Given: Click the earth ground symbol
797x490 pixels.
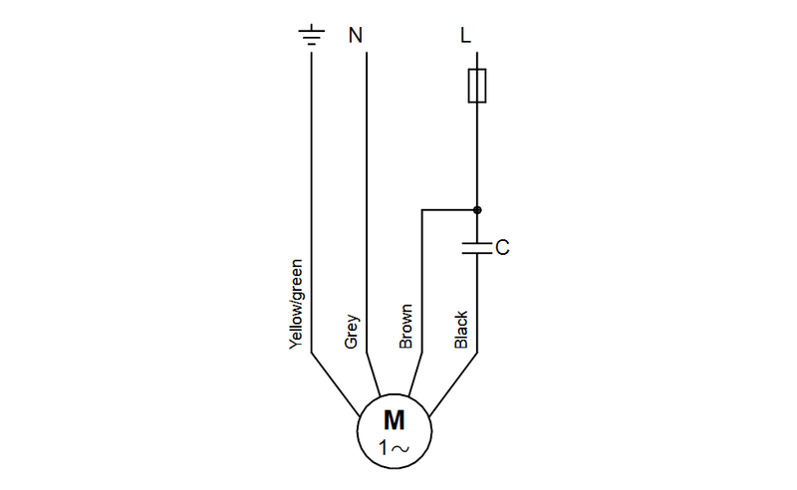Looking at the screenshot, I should click(x=312, y=37).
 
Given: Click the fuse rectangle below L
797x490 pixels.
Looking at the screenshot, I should click(x=477, y=86).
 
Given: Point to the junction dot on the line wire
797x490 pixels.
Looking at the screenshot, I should click(x=477, y=210).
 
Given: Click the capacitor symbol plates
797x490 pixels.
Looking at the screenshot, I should click(x=477, y=246).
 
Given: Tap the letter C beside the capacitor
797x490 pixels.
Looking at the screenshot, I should click(x=502, y=246).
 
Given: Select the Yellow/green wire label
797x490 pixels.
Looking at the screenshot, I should click(x=295, y=303).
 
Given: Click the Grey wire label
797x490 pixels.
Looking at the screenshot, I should click(x=351, y=332).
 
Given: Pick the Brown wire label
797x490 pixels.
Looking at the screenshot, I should click(x=405, y=327).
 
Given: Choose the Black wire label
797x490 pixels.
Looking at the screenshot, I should click(x=461, y=329).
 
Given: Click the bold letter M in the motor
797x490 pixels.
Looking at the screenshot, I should click(x=395, y=419).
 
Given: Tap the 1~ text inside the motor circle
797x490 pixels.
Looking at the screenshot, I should click(x=395, y=449).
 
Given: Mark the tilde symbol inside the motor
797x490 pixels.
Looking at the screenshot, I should click(x=400, y=450).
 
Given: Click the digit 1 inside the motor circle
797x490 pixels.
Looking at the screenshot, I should click(x=385, y=449).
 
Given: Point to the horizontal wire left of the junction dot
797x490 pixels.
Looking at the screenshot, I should click(x=449, y=210).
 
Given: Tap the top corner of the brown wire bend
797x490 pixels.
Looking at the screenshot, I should click(x=423, y=210).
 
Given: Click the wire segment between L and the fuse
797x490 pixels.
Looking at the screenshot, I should click(x=477, y=59).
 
